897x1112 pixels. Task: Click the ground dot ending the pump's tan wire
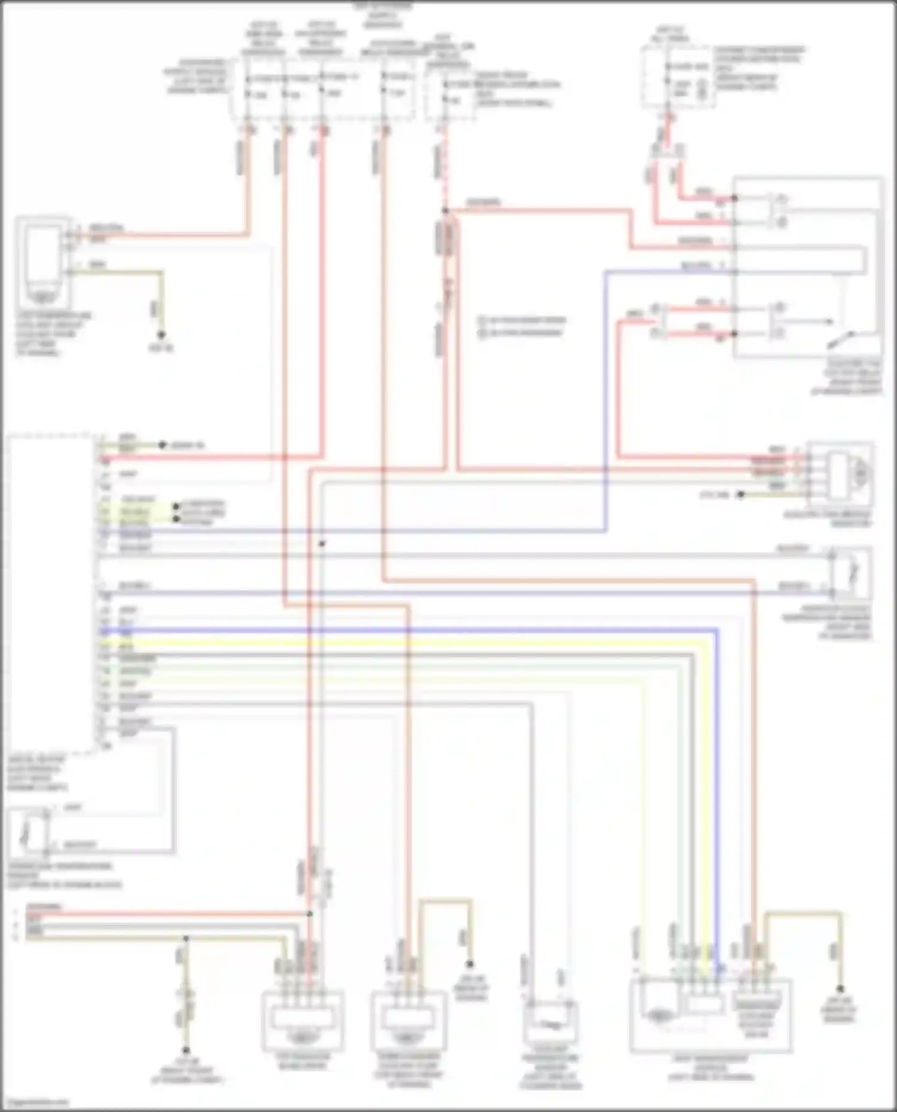161,335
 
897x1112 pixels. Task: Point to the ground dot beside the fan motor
740,494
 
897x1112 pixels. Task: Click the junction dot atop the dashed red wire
445,210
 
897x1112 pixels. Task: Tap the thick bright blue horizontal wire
407,630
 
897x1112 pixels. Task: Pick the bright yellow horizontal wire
407,644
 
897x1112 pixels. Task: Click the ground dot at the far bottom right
839,989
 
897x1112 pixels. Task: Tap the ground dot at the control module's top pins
161,445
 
